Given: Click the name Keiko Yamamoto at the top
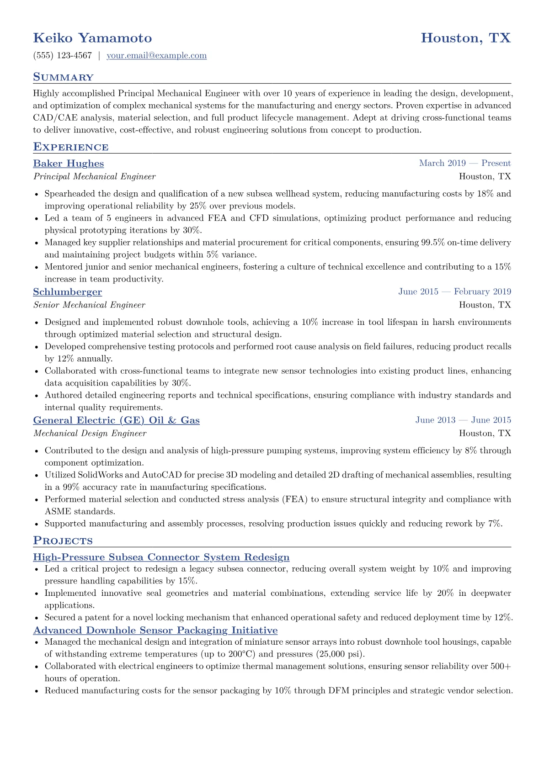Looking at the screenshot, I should (92, 38).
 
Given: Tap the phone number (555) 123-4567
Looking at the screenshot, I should (63, 56).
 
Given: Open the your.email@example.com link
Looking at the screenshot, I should (156, 56).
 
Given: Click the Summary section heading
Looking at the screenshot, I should (63, 77).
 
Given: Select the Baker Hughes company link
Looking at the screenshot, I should (69, 164).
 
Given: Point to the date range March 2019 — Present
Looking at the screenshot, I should (464, 163).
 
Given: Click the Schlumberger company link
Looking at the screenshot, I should (68, 292).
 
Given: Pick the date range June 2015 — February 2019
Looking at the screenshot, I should (454, 292).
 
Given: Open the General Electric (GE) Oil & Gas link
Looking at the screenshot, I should (116, 420).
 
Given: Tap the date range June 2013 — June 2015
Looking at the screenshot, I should (463, 420).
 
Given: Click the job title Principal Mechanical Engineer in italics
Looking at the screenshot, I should (94, 176).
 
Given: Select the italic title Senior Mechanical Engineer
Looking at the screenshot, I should (89, 305).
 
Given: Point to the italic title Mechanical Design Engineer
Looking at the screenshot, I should (90, 433).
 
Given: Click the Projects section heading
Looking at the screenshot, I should (63, 541).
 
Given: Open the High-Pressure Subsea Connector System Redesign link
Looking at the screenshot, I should (161, 557).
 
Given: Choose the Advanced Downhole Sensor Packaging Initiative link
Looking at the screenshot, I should (155, 631).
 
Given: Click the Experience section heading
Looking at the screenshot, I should (71, 147).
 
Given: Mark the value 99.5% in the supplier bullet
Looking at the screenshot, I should (432, 243).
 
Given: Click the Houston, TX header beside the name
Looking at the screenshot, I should (465, 38).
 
